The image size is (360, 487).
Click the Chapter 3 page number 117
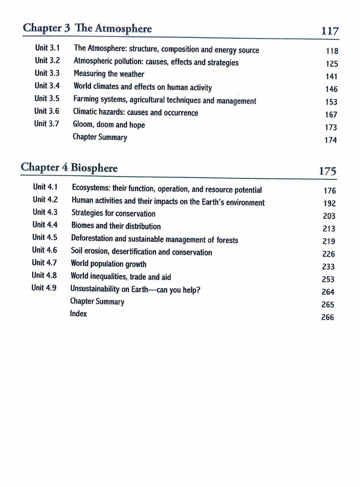tap(330, 31)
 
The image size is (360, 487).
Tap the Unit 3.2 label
tap(47, 60)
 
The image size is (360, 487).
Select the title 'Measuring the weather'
tap(109, 74)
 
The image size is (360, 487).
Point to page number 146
tap(331, 89)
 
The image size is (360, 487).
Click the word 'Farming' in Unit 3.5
tap(86, 99)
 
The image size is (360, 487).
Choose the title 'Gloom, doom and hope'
tap(109, 125)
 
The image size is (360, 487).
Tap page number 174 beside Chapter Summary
tap(330, 140)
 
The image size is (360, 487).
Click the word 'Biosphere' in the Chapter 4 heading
tap(94, 168)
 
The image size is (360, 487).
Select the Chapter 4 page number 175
tap(327, 171)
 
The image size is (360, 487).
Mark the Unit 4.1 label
tap(45, 187)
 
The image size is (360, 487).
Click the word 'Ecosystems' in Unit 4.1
tap(90, 188)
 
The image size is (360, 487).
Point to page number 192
tap(329, 203)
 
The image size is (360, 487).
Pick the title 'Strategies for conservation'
tap(113, 213)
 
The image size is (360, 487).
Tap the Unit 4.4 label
tap(45, 225)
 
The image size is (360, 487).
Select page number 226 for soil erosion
tap(328, 254)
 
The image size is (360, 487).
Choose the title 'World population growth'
tap(108, 264)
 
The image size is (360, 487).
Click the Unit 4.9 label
tap(44, 288)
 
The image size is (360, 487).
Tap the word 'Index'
tap(78, 314)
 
